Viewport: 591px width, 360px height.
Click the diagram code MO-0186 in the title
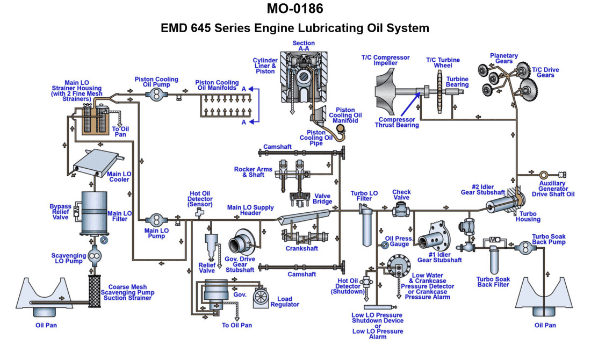click(x=295, y=9)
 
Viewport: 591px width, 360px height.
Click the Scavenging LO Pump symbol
click(x=95, y=257)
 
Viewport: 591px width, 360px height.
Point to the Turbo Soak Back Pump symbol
click(x=524, y=247)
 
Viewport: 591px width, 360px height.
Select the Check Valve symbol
click(x=399, y=210)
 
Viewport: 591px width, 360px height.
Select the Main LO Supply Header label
click(x=250, y=210)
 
